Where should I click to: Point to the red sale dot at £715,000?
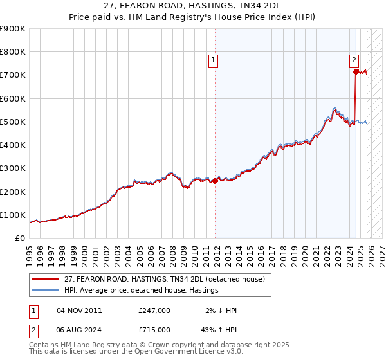coord(356,72)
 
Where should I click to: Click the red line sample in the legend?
coord(46,279)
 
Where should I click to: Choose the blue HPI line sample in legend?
coord(46,290)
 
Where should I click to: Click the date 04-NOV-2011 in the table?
coord(79,310)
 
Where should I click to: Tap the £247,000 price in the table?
coord(154,310)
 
